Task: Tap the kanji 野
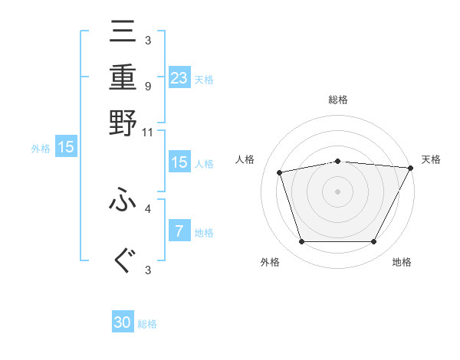(x=123, y=122)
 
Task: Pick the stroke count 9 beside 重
(x=147, y=86)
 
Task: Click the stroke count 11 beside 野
(x=148, y=132)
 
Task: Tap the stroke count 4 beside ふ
(x=147, y=208)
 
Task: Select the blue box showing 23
(x=179, y=78)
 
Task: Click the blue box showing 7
(x=179, y=231)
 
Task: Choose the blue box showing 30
(x=123, y=322)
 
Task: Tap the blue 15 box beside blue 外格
(x=66, y=147)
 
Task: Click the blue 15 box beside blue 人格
(x=179, y=162)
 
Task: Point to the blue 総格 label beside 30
(x=148, y=324)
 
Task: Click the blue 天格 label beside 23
(x=204, y=80)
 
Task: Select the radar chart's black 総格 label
(x=337, y=100)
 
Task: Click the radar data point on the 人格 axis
(x=280, y=172)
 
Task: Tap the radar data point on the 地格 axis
(x=373, y=241)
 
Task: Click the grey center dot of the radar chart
(x=337, y=191)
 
